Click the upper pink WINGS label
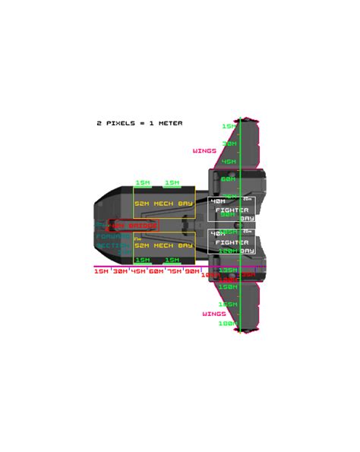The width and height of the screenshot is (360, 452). pyautogui.click(x=204, y=150)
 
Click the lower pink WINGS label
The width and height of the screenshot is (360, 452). pyautogui.click(x=213, y=313)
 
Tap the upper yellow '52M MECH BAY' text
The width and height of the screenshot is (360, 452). pyautogui.click(x=163, y=204)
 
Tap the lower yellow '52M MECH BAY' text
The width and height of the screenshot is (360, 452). pyautogui.click(x=163, y=245)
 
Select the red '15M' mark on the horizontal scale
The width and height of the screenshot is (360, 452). pyautogui.click(x=101, y=271)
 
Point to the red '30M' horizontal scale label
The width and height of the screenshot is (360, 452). pyautogui.click(x=120, y=271)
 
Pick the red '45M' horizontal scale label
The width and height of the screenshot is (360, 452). pyautogui.click(x=138, y=271)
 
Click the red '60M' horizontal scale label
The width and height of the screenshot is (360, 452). pyautogui.click(x=156, y=271)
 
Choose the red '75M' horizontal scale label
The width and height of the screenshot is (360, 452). pyautogui.click(x=174, y=271)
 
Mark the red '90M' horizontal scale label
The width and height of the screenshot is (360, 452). pyautogui.click(x=192, y=271)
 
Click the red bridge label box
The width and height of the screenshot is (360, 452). pyautogui.click(x=133, y=226)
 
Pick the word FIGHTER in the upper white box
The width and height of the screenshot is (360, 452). pyautogui.click(x=232, y=210)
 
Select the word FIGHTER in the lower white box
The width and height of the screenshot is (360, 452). pyautogui.click(x=232, y=242)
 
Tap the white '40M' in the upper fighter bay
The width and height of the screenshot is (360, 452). pyautogui.click(x=217, y=201)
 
